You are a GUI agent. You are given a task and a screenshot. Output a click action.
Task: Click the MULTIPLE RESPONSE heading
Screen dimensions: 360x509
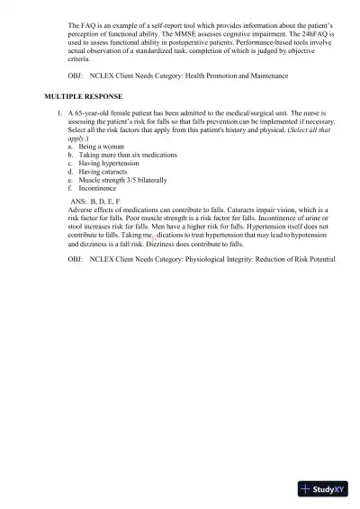pyautogui.click(x=84, y=95)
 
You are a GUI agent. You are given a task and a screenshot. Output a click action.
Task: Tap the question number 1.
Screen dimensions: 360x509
pyautogui.click(x=58, y=110)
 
